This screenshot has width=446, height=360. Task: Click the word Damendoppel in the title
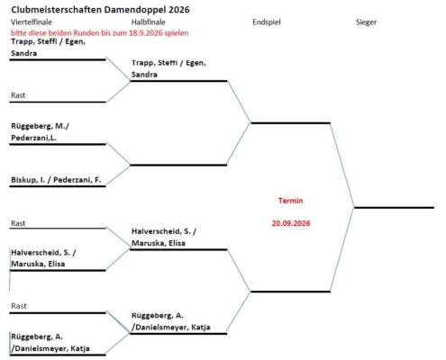tap(135, 10)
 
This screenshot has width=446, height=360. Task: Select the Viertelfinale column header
tap(32, 22)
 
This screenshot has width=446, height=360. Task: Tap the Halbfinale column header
tap(149, 22)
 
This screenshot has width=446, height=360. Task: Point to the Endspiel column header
tap(267, 22)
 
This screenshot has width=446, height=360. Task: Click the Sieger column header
tap(366, 22)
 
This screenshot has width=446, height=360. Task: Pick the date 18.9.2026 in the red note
tap(146, 33)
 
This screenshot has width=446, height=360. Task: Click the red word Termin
tap(290, 201)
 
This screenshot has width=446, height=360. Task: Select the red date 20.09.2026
tap(291, 223)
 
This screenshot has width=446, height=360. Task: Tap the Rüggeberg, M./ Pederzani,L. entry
tap(40, 132)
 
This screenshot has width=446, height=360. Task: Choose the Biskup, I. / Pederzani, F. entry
tap(56, 180)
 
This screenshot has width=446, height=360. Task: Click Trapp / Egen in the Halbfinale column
tap(168, 68)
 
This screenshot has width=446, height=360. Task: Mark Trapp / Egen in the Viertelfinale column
tap(48, 48)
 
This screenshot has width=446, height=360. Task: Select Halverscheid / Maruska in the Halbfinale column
tap(164, 237)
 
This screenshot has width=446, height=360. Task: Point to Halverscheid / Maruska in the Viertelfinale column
tap(43, 258)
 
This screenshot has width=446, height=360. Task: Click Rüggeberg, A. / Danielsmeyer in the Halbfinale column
tap(170, 321)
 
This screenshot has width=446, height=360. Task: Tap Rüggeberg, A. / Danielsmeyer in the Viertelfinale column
tap(50, 343)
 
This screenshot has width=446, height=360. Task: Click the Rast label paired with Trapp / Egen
tap(18, 95)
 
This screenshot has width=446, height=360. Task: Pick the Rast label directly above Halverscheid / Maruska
tap(18, 223)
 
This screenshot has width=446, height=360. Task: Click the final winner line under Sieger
tap(394, 207)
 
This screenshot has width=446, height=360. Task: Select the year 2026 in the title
tap(179, 10)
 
